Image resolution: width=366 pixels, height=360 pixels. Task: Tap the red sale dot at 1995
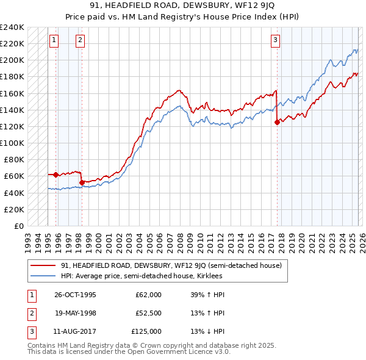click(56, 175)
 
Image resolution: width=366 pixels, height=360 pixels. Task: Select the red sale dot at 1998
click(82, 182)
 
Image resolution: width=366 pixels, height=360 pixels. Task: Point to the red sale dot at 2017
click(277, 122)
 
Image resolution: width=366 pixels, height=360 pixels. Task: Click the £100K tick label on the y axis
click(12, 143)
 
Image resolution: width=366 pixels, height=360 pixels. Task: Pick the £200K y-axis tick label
click(12, 60)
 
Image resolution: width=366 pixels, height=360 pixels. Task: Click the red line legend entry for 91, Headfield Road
click(171, 266)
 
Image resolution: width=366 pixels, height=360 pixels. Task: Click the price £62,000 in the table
click(148, 295)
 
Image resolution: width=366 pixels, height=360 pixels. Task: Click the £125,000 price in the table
click(146, 331)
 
